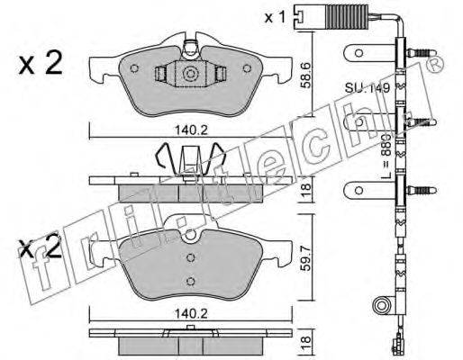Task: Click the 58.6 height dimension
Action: pos(306,76)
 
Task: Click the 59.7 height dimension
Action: pos(305,258)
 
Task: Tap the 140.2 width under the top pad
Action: pos(191,130)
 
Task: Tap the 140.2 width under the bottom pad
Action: pos(191,314)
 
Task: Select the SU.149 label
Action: pos(368,88)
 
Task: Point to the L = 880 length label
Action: pos(386,156)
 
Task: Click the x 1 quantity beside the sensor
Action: pos(275,18)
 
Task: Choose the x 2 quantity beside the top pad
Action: pos(41,63)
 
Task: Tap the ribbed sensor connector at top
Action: pos(349,17)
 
